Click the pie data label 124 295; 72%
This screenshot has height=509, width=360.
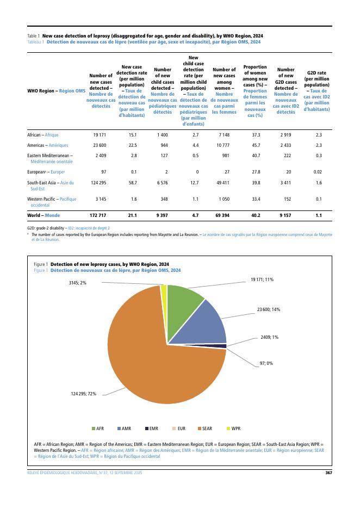click(83, 393)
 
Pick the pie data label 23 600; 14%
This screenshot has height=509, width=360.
click(269, 309)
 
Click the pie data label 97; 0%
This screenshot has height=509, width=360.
click(266, 363)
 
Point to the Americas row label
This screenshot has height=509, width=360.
click(45, 145)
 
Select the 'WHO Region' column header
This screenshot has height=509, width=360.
click(56, 90)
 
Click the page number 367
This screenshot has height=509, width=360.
click(328, 473)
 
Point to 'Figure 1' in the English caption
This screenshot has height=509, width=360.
click(41, 264)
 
